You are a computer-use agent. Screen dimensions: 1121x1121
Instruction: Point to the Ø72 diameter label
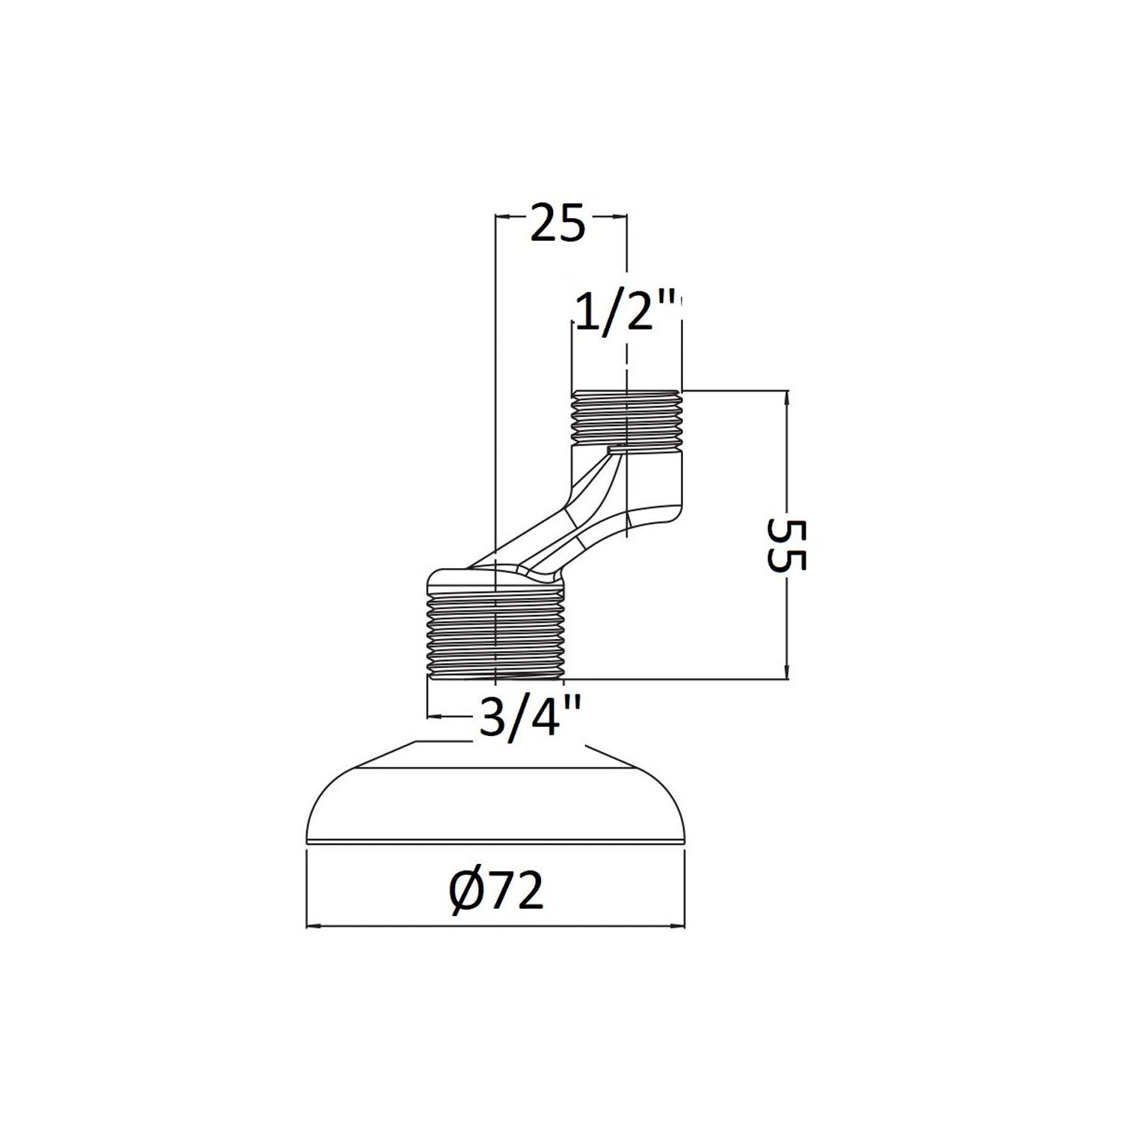click(x=497, y=892)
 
